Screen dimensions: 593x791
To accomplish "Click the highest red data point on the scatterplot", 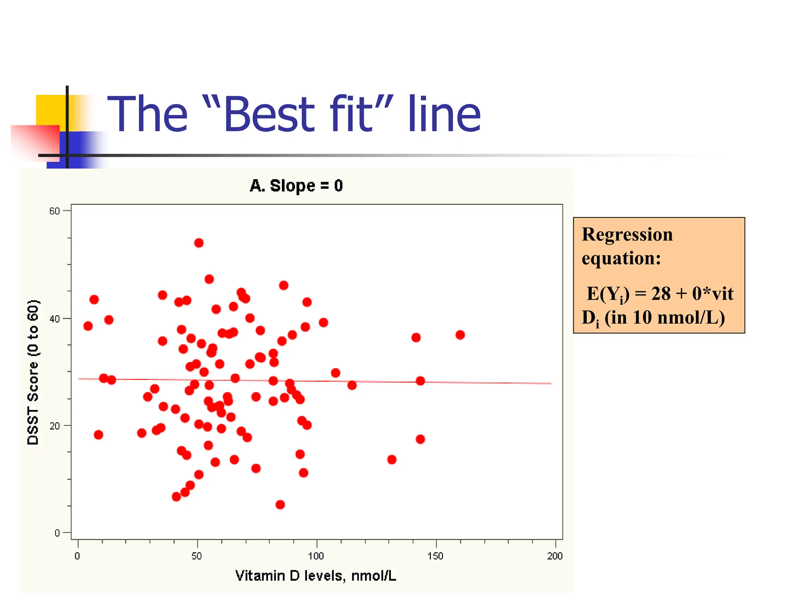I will tap(199, 243).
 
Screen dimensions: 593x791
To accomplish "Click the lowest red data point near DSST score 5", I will tap(280, 505).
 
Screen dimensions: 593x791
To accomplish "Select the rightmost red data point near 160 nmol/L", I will tap(460, 335).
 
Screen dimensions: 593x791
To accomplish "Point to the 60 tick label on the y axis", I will tap(54, 211).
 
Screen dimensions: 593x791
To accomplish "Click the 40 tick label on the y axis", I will tap(54, 319).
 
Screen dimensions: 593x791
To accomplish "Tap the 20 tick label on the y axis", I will tap(54, 426).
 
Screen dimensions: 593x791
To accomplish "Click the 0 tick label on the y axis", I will tap(57, 533).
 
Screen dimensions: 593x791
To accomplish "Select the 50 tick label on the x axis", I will tap(197, 556).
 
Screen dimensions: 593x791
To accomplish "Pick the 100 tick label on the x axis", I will tap(316, 556).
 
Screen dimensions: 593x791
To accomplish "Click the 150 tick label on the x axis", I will tap(435, 556).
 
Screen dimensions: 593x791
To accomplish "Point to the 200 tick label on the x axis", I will tap(555, 556).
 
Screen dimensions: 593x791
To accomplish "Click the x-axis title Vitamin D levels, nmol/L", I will tap(316, 576).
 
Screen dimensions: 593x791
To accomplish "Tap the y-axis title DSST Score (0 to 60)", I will tap(33, 372).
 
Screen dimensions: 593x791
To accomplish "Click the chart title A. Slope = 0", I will tap(296, 186).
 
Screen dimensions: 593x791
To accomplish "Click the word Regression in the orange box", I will tap(627, 234).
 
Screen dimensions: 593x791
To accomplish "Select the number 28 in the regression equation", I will tap(661, 293).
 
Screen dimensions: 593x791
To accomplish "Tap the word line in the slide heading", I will tap(444, 114).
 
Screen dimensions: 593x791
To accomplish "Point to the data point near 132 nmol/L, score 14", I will tap(392, 459).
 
